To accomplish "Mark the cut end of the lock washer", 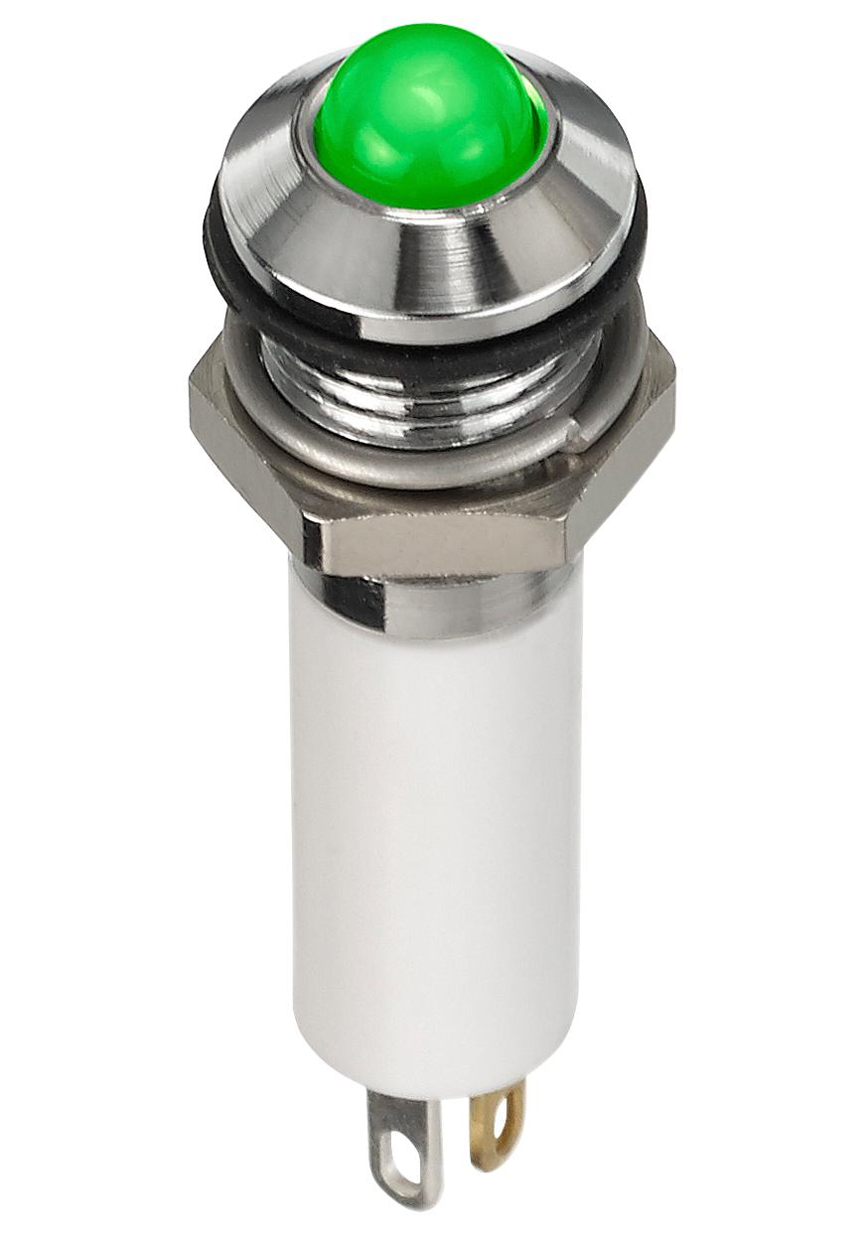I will [574, 429].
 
